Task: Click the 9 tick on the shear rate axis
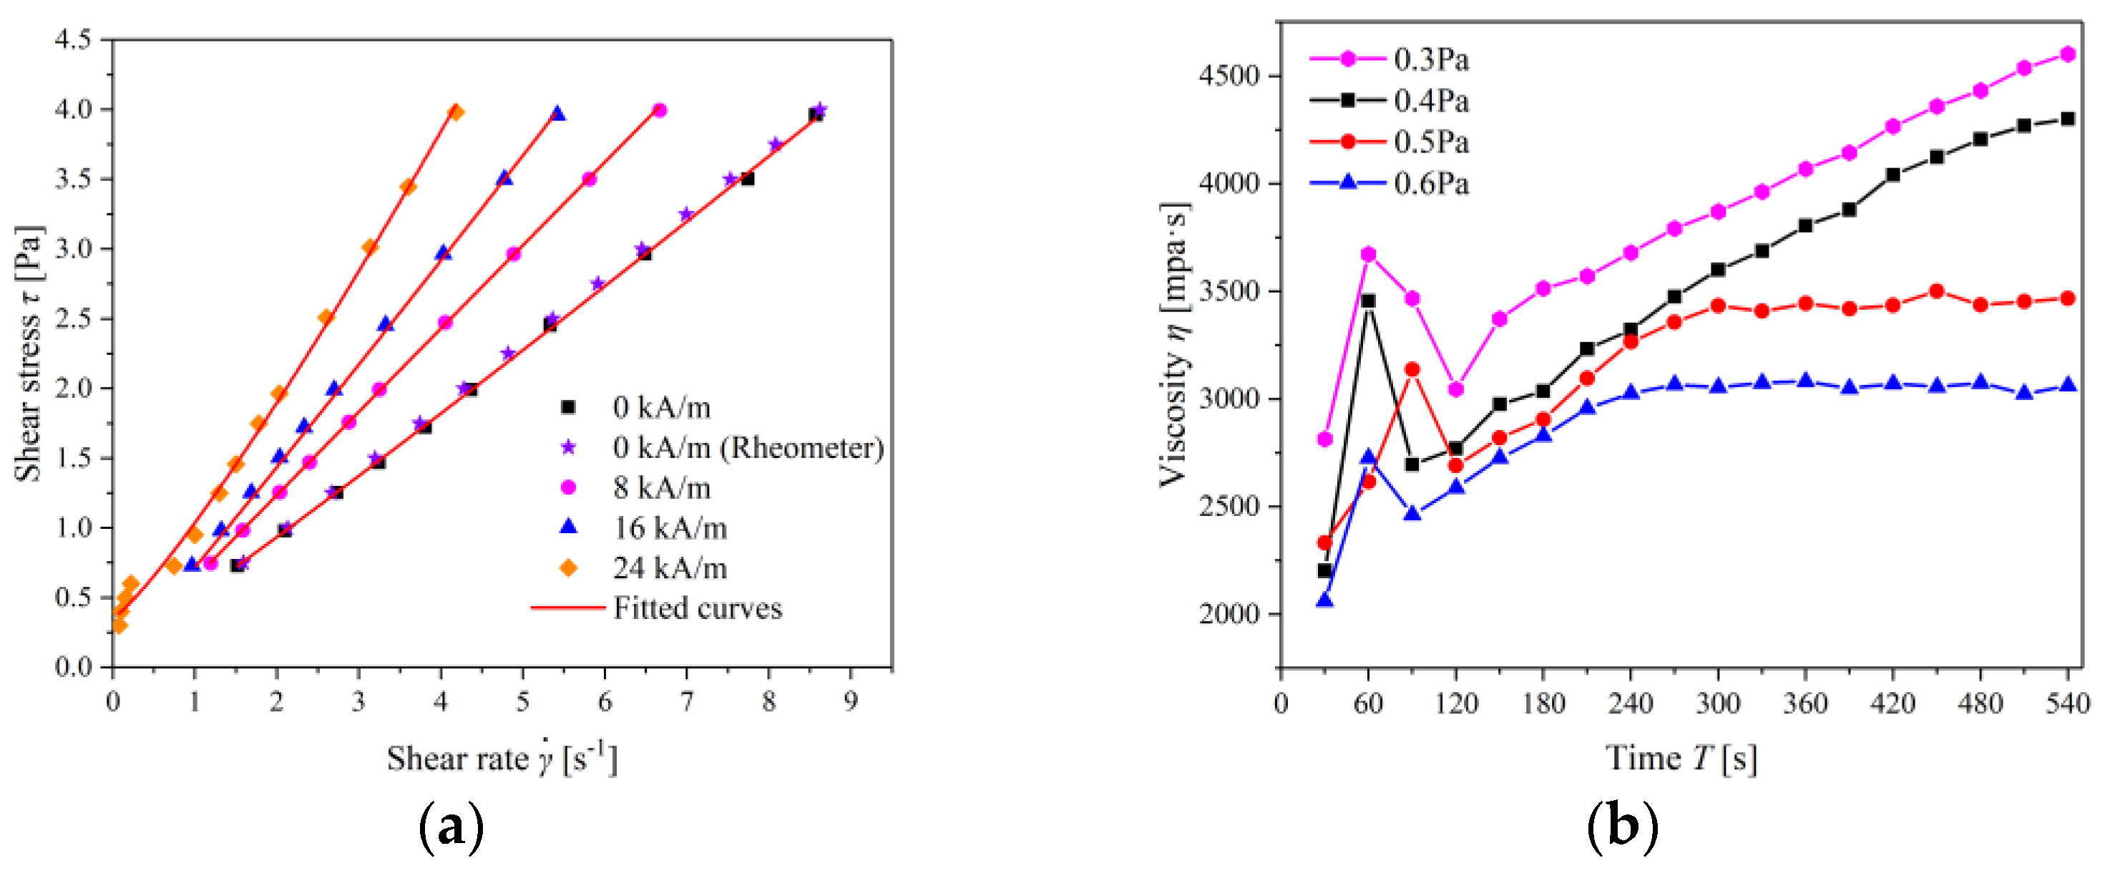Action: pos(851,702)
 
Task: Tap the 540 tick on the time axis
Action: pos(2067,704)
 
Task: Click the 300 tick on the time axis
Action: pos(1718,704)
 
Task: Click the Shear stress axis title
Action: pos(29,353)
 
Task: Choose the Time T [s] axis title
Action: pos(1681,758)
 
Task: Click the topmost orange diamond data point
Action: pos(456,112)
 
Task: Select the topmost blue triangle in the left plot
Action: pos(557,114)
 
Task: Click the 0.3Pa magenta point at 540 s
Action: pos(2067,54)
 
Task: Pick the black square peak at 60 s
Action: pos(1368,301)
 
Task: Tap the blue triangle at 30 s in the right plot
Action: pos(1324,600)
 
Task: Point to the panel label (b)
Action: pos(1622,827)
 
